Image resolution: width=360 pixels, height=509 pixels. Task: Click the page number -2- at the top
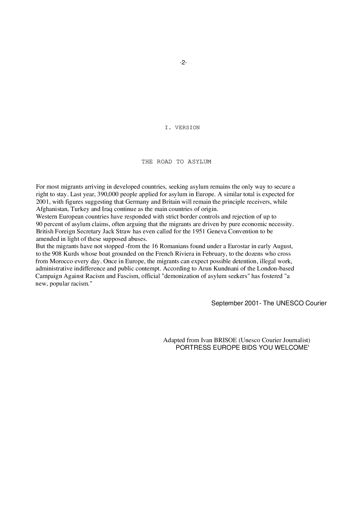tap(183, 62)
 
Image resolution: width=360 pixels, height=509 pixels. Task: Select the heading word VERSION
tap(187, 128)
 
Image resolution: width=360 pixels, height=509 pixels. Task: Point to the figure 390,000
tap(108, 194)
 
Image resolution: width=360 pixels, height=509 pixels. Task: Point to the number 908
tap(57, 254)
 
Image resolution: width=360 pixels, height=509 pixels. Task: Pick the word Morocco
tap(60, 261)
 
